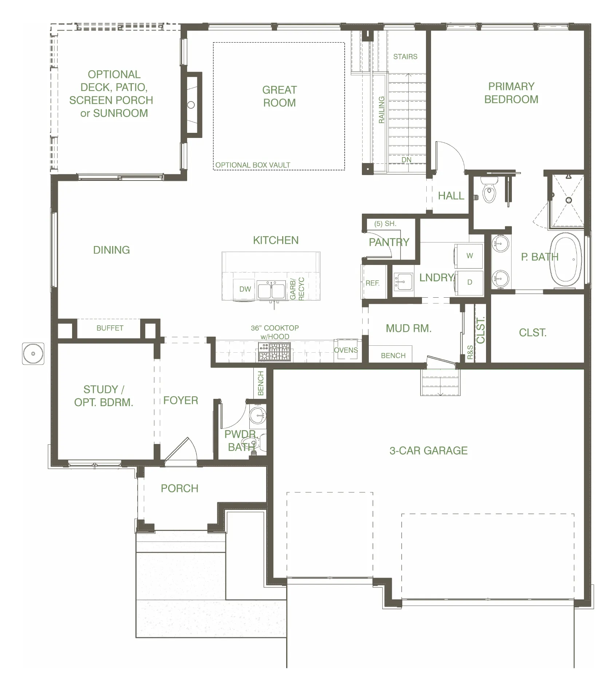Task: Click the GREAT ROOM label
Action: pyautogui.click(x=280, y=96)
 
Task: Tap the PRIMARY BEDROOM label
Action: pyautogui.click(x=511, y=93)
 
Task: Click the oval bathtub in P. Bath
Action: pyautogui.click(x=565, y=260)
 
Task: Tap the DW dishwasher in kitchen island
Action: pyautogui.click(x=245, y=289)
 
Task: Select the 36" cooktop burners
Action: pyautogui.click(x=275, y=352)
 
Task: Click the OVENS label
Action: pyautogui.click(x=346, y=350)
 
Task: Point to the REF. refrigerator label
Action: pyautogui.click(x=372, y=283)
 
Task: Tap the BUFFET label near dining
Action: pyautogui.click(x=110, y=328)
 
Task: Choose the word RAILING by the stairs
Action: pyautogui.click(x=382, y=110)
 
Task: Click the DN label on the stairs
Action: pyautogui.click(x=406, y=160)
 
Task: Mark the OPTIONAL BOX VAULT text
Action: pyautogui.click(x=253, y=165)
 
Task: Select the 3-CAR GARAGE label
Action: pyautogui.click(x=429, y=451)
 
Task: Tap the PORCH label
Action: pyautogui.click(x=179, y=488)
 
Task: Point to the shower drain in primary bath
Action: pyautogui.click(x=568, y=200)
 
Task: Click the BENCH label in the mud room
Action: pyautogui.click(x=393, y=356)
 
